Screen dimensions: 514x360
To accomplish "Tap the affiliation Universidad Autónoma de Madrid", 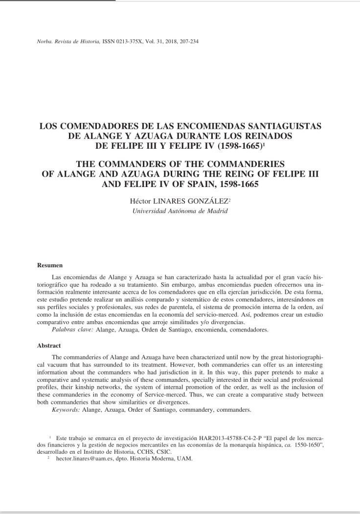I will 180,211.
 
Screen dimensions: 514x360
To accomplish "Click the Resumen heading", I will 50,265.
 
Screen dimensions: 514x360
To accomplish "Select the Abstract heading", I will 49,345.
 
